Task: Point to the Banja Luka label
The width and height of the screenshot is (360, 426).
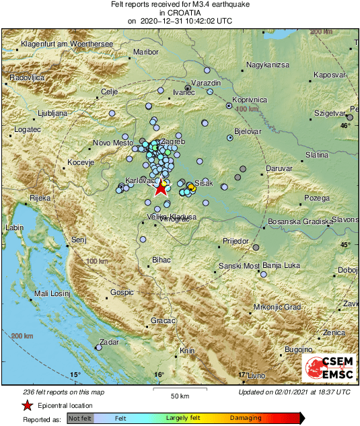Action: click(281, 266)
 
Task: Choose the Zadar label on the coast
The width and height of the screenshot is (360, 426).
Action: click(109, 342)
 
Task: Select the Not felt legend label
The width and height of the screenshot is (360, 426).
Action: click(80, 419)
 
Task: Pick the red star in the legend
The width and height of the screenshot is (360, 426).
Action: click(27, 405)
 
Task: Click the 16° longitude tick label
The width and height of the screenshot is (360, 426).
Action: click(159, 374)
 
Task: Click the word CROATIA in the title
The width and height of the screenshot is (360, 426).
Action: click(180, 13)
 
